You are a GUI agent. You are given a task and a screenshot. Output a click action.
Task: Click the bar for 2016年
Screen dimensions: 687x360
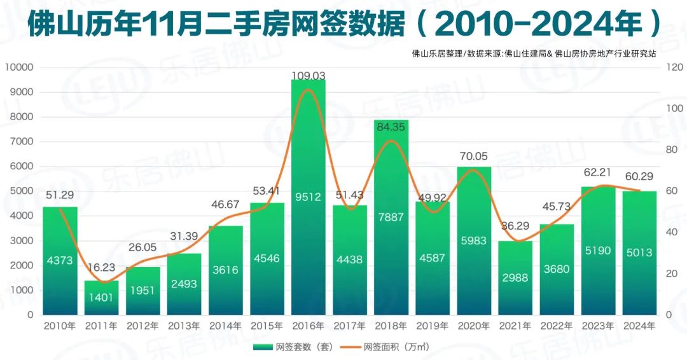pyautogui.click(x=309, y=197)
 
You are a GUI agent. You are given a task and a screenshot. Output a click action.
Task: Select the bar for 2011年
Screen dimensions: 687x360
pyautogui.click(x=101, y=298)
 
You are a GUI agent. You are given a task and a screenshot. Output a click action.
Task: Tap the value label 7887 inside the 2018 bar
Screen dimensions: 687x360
pyautogui.click(x=391, y=217)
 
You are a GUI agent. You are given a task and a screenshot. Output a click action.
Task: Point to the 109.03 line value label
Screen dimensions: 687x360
pyautogui.click(x=309, y=76)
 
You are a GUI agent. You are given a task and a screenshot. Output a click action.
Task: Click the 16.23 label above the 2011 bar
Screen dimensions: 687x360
pyautogui.click(x=101, y=268)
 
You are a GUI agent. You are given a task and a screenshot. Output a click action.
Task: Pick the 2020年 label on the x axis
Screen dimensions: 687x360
pyautogui.click(x=474, y=326)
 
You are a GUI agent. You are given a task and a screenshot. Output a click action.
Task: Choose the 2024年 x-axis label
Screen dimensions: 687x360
pyautogui.click(x=640, y=326)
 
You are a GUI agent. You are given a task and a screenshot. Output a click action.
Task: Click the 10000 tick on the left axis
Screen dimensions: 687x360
pyautogui.click(x=19, y=67)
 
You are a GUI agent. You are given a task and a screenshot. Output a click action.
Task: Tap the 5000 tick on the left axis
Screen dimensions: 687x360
pyautogui.click(x=22, y=191)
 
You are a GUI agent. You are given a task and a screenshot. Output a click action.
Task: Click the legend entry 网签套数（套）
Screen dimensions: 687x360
pyautogui.click(x=293, y=347)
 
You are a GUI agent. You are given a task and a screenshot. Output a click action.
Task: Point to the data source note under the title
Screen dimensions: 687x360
pyautogui.click(x=534, y=54)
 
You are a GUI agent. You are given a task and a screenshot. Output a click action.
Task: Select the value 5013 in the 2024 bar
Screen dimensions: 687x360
pyautogui.click(x=639, y=253)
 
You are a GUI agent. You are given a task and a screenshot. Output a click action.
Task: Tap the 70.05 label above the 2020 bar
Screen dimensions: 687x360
pyautogui.click(x=474, y=156)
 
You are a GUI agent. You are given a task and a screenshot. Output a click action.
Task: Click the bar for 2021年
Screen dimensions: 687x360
pyautogui.click(x=515, y=278)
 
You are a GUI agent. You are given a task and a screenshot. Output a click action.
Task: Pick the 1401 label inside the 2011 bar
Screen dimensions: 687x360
pyautogui.click(x=101, y=298)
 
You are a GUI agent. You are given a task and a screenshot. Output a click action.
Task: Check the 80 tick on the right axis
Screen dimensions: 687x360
pyautogui.click(x=672, y=149)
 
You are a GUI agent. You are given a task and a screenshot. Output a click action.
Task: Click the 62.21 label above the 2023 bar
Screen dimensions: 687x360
pyautogui.click(x=597, y=172)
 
